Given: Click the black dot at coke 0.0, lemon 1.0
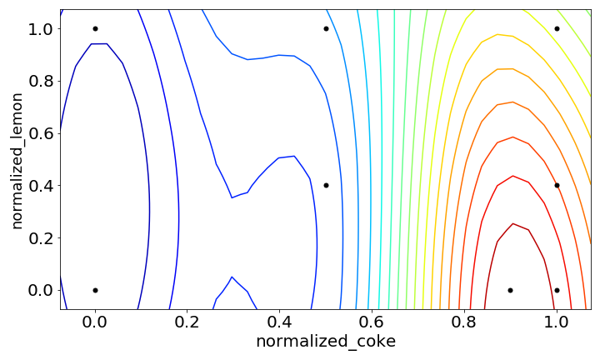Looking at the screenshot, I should [x=95, y=28].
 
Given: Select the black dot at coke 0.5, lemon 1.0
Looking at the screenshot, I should [x=326, y=28].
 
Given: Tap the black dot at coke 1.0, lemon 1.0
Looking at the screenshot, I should [x=557, y=28].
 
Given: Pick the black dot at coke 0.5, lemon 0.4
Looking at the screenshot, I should [x=326, y=185].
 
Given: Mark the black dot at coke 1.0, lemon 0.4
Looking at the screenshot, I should [x=557, y=185].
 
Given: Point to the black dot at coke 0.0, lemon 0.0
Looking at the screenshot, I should [x=95, y=290].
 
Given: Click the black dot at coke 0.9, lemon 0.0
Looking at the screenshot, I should [x=510, y=290].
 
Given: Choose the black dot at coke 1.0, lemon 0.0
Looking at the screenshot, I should [x=557, y=290].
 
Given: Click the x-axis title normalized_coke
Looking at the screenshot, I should [x=326, y=342].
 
